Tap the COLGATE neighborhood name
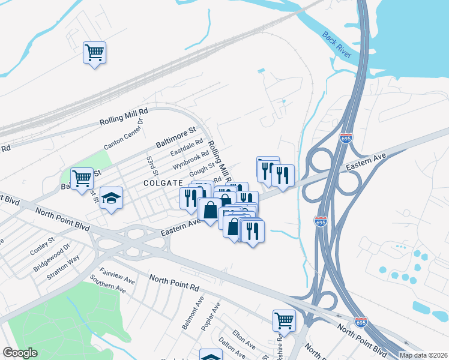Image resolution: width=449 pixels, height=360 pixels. [x=163, y=183]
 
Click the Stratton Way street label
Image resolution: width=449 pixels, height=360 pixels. [x=66, y=268]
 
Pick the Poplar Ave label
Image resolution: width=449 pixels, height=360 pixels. [x=211, y=316]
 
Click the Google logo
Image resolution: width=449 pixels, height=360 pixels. [x=20, y=353]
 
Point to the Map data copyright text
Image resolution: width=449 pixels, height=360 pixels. [x=423, y=355]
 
